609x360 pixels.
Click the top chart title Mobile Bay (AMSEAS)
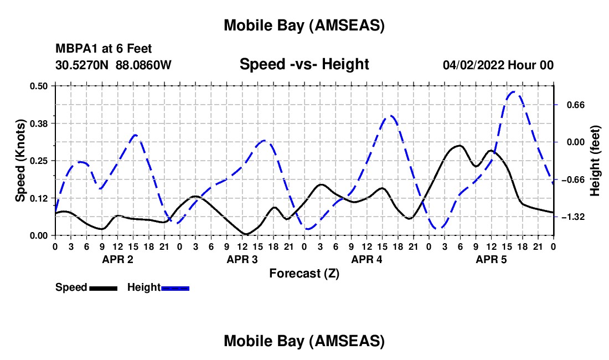point(304,25)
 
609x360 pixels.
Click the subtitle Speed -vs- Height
point(304,64)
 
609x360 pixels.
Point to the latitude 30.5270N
point(82,65)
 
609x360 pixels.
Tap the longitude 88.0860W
point(144,65)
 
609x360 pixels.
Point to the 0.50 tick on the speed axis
point(39,86)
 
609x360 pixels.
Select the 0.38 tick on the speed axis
point(39,123)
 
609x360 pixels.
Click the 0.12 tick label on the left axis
point(39,198)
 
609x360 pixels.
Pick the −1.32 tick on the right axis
point(573,217)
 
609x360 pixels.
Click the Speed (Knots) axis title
point(20,161)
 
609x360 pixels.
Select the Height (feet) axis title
point(595,161)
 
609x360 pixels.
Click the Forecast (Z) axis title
point(304,273)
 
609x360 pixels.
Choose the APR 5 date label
point(492,259)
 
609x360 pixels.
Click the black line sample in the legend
point(103,288)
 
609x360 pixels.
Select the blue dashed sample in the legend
point(176,288)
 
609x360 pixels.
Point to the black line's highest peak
point(458,146)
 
